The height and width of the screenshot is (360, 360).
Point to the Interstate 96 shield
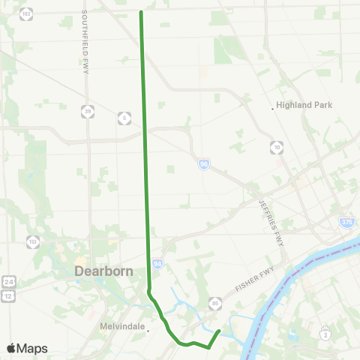point(204,163)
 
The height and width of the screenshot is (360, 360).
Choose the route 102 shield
point(26,13)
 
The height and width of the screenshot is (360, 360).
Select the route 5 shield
point(123,118)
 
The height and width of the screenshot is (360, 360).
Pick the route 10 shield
point(278,148)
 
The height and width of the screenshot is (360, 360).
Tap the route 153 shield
point(33,241)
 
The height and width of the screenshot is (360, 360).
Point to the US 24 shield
point(8,280)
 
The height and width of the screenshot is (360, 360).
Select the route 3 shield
point(325,334)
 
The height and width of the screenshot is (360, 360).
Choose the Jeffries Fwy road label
point(268,205)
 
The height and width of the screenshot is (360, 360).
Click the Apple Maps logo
point(26,348)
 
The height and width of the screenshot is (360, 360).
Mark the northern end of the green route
point(141,12)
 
